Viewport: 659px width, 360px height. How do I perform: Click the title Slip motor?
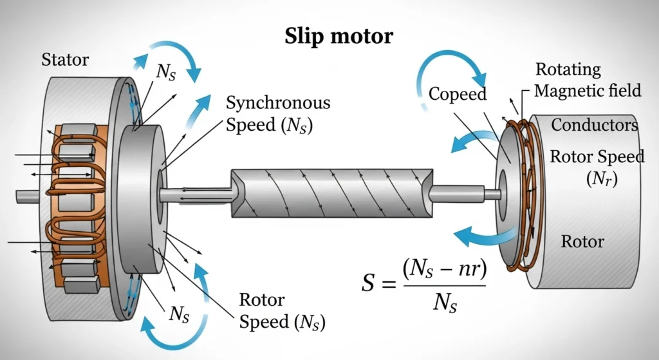coord(339,36)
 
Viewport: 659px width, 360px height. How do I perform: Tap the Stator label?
coord(65,61)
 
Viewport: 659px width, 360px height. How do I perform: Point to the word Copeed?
coord(458,94)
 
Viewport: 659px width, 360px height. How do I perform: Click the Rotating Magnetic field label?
coord(587,80)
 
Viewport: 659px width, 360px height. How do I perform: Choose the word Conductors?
coord(594,125)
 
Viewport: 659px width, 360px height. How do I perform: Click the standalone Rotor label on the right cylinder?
coord(582,242)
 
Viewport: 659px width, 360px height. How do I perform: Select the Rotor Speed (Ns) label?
coord(282,311)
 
